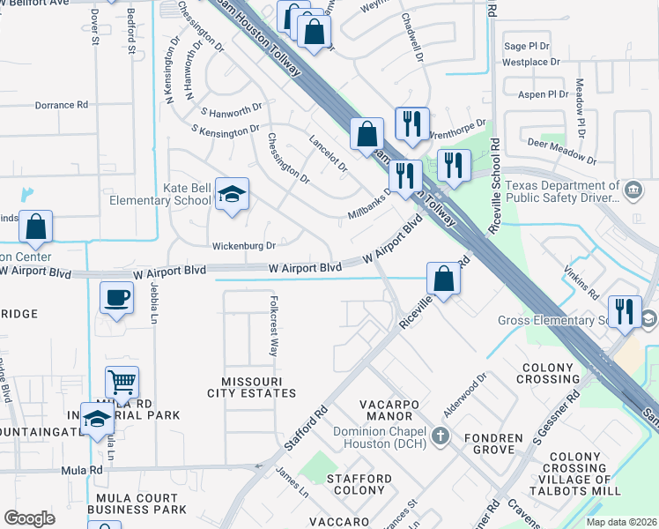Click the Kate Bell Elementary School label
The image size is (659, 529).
161,194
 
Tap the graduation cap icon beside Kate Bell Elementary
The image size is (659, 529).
231,196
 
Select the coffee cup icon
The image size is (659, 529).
116,297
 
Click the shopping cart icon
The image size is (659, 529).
122,383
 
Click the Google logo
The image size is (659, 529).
29,518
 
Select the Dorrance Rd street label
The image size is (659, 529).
62,105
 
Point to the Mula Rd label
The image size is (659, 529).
82,470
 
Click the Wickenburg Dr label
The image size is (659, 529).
244,246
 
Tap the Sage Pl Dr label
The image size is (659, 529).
526,46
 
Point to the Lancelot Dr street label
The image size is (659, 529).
329,153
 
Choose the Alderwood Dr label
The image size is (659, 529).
466,391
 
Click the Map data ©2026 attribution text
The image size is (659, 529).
622,522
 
